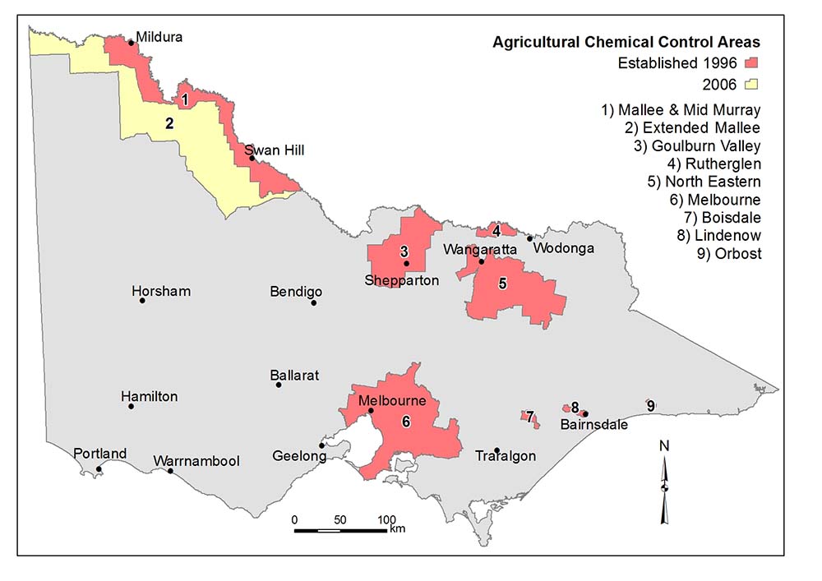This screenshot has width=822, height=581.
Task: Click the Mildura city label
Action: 159,37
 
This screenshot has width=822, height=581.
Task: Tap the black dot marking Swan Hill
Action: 252,159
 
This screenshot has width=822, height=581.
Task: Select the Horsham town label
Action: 161,291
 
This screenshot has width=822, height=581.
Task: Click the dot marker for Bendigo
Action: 313,302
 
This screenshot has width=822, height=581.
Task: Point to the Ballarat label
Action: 293,376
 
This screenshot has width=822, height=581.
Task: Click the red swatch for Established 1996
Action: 750,62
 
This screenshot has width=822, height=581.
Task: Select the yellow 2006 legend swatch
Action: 750,84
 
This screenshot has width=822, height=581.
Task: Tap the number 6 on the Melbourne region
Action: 406,421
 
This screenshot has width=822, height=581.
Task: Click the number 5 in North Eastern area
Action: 502,283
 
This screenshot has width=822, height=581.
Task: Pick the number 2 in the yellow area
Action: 169,124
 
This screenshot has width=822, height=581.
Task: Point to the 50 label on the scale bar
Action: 339,520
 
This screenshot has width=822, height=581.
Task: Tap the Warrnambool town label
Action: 196,461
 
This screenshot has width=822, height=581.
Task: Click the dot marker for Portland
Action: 99,469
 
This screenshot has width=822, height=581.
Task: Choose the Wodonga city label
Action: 563,247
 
